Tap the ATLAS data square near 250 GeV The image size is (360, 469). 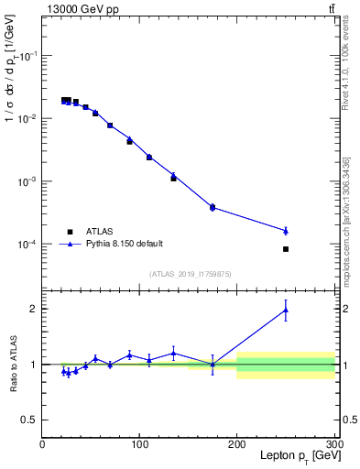286,249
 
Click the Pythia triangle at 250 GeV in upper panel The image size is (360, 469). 286,230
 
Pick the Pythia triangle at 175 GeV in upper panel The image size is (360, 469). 213,207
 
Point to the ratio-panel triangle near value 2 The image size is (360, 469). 286,311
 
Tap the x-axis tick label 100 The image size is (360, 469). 139,444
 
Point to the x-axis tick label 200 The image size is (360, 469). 237,444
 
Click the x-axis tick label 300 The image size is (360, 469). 333,444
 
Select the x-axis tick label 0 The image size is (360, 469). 43,444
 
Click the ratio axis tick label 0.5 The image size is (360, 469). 30,420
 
